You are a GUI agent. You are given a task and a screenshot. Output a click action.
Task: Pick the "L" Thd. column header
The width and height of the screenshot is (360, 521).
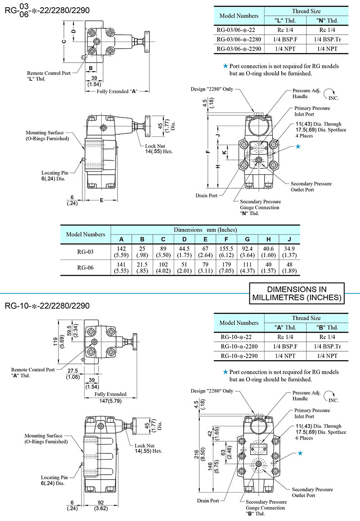[284, 21]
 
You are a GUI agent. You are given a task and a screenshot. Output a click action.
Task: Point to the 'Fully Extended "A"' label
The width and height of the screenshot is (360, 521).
[117, 91]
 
